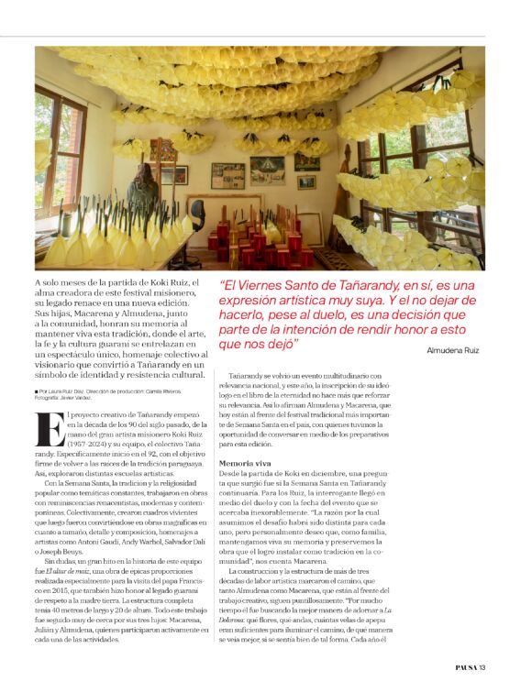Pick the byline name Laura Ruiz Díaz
click(x=74, y=391)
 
